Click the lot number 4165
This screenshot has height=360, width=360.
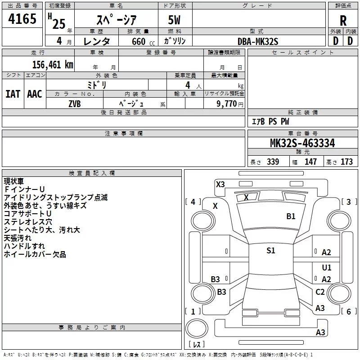coord(22,18)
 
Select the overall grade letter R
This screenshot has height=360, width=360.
coord(343,21)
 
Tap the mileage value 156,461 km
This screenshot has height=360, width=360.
coord(53,65)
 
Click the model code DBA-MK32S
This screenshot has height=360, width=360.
coord(258,41)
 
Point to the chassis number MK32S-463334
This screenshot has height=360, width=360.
coord(302,143)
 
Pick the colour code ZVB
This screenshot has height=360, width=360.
coord(75,104)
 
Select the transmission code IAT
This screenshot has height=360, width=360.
coord(13,94)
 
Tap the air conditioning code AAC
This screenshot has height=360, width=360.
coord(35,94)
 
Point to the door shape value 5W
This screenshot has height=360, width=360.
coord(174,20)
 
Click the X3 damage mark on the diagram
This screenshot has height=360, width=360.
coord(220,184)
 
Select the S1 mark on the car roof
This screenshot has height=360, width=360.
coord(271,250)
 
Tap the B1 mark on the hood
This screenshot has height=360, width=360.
coord(291,216)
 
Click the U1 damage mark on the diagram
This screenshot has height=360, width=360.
coord(327,267)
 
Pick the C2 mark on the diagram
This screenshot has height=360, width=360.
coord(320,292)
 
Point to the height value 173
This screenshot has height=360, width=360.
coord(346,162)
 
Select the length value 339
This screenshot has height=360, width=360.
coord(273,162)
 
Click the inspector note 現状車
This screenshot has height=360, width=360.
coord(14,181)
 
